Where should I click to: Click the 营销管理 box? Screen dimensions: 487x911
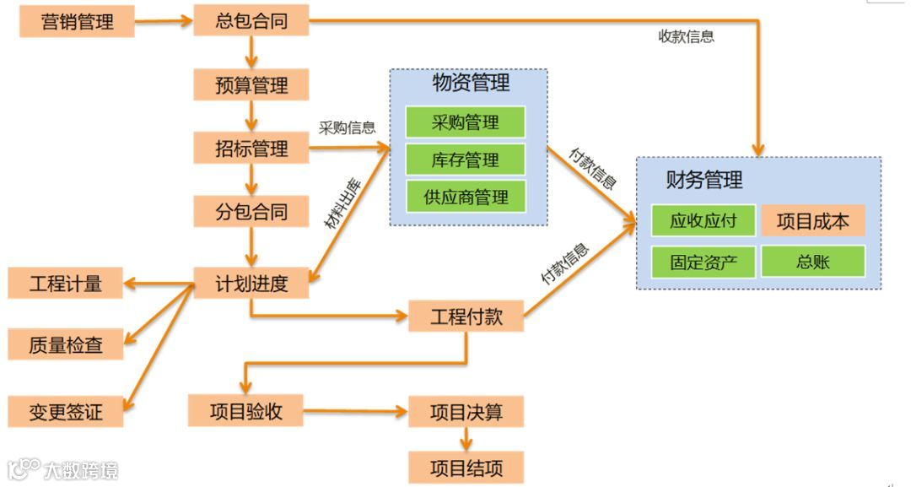pyautogui.click(x=77, y=21)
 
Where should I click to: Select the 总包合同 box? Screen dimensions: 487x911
pyautogui.click(x=251, y=21)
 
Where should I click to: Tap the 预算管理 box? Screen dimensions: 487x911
pyautogui.click(x=251, y=85)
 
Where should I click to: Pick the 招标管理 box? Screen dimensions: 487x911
pyautogui.click(x=251, y=149)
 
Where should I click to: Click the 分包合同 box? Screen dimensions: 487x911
pyautogui.click(x=251, y=212)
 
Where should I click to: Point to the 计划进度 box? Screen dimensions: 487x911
pyautogui.click(x=251, y=284)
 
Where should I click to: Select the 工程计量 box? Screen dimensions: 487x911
pyautogui.click(x=66, y=284)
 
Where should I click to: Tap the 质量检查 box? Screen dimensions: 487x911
pyautogui.click(x=66, y=344)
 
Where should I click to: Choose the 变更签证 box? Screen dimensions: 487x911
pyautogui.click(x=66, y=412)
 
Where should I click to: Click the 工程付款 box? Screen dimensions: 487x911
pyautogui.click(x=466, y=317)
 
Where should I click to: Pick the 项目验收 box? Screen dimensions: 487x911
pyautogui.click(x=245, y=412)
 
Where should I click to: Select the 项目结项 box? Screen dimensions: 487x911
pyautogui.click(x=466, y=467)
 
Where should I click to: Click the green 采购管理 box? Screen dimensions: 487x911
pyautogui.click(x=465, y=122)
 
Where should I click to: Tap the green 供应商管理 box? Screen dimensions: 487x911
pyautogui.click(x=465, y=197)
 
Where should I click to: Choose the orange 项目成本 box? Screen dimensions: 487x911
pyautogui.click(x=812, y=221)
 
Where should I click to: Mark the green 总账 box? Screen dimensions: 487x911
pyautogui.click(x=812, y=262)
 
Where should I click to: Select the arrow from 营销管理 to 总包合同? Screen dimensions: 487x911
pyautogui.click(x=164, y=21)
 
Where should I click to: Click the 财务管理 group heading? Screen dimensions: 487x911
pyautogui.click(x=704, y=180)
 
